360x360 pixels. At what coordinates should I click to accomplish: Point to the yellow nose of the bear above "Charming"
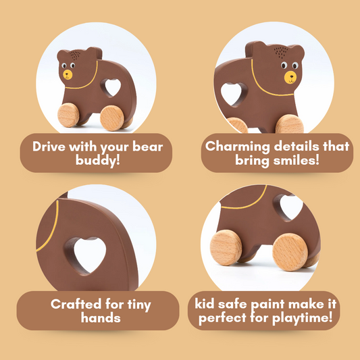pos(290,76)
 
